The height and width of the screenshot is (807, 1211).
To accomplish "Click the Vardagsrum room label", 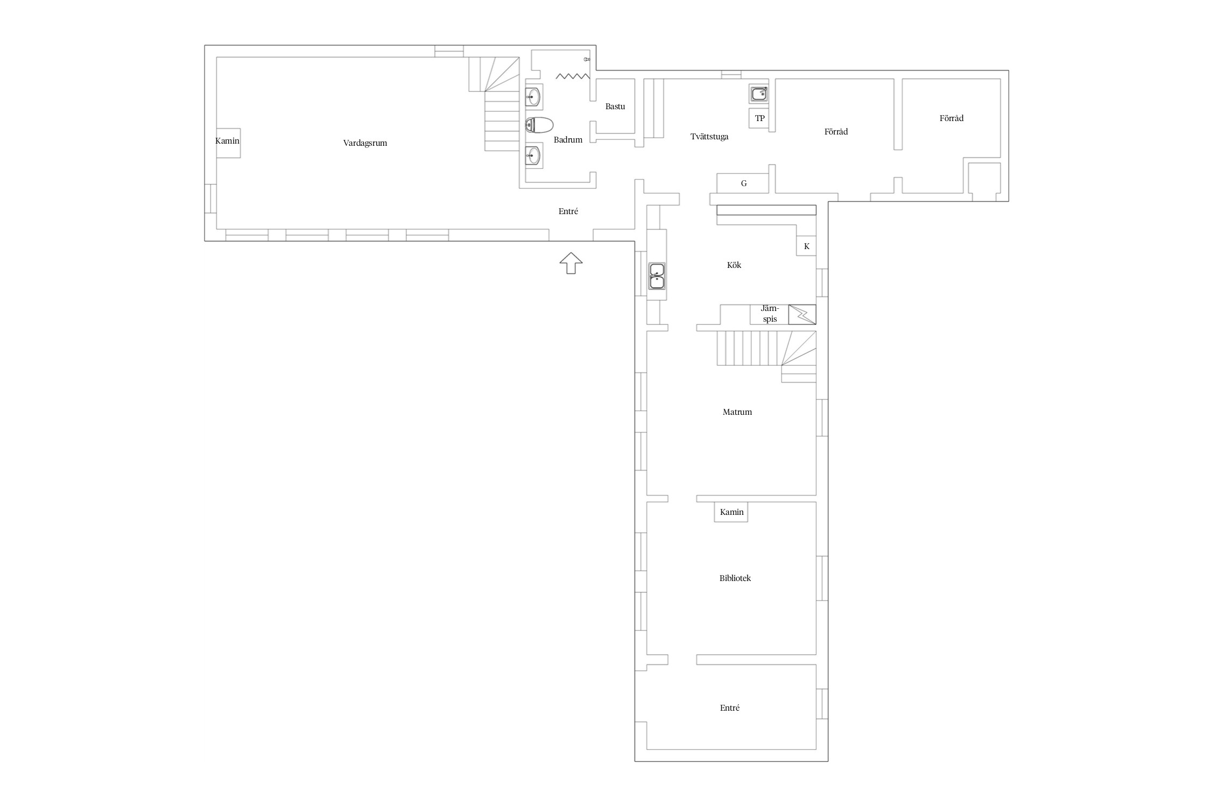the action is tap(365, 143).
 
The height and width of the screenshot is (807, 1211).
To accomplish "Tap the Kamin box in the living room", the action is tap(228, 143).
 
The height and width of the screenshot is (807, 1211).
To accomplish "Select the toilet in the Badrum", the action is tap(539, 125).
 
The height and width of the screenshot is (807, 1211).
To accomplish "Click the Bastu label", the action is tap(615, 107).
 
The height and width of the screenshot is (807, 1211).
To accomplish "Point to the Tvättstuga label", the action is tap(709, 137).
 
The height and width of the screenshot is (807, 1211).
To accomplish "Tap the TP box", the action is tap(759, 118).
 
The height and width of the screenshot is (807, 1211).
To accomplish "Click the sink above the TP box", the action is tap(759, 94).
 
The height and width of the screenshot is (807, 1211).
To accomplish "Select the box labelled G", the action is tap(743, 183).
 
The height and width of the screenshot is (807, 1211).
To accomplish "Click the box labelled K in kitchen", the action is tap(806, 246).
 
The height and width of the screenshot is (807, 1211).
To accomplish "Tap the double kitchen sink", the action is tap(657, 275).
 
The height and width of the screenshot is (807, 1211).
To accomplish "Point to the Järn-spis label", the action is tap(770, 314).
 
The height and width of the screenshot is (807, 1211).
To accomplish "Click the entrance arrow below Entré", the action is tap(571, 263).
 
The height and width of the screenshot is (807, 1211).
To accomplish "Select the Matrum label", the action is tap(737, 412).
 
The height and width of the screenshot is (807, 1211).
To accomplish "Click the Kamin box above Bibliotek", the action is tap(731, 512).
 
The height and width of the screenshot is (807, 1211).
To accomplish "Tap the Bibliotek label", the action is tap(735, 578).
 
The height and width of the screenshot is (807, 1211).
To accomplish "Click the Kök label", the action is tap(734, 265).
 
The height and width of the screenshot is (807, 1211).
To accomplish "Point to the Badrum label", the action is tap(568, 140).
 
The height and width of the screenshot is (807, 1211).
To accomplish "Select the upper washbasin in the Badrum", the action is tap(533, 97).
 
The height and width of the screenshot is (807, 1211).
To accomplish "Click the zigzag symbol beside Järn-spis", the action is tap(802, 314).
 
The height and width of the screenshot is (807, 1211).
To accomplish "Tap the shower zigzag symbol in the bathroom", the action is tap(573, 76).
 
